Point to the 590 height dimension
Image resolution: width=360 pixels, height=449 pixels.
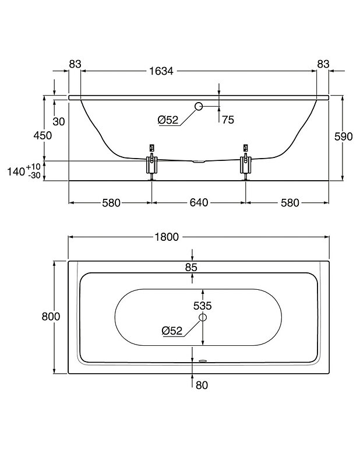344,136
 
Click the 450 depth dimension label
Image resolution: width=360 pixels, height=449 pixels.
43,135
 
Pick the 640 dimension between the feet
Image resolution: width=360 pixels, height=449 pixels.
198,203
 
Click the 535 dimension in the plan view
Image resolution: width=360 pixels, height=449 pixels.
202,305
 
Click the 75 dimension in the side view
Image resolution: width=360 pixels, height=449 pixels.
227,120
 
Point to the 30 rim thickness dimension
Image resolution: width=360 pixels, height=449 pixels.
59,121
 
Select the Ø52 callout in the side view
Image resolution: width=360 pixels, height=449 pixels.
168,120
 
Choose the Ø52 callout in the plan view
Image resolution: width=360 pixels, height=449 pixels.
172,330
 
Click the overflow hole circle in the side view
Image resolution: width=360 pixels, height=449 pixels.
198,106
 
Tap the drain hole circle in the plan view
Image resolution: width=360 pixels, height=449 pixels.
202,317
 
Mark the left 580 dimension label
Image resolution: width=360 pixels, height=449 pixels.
111,203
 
